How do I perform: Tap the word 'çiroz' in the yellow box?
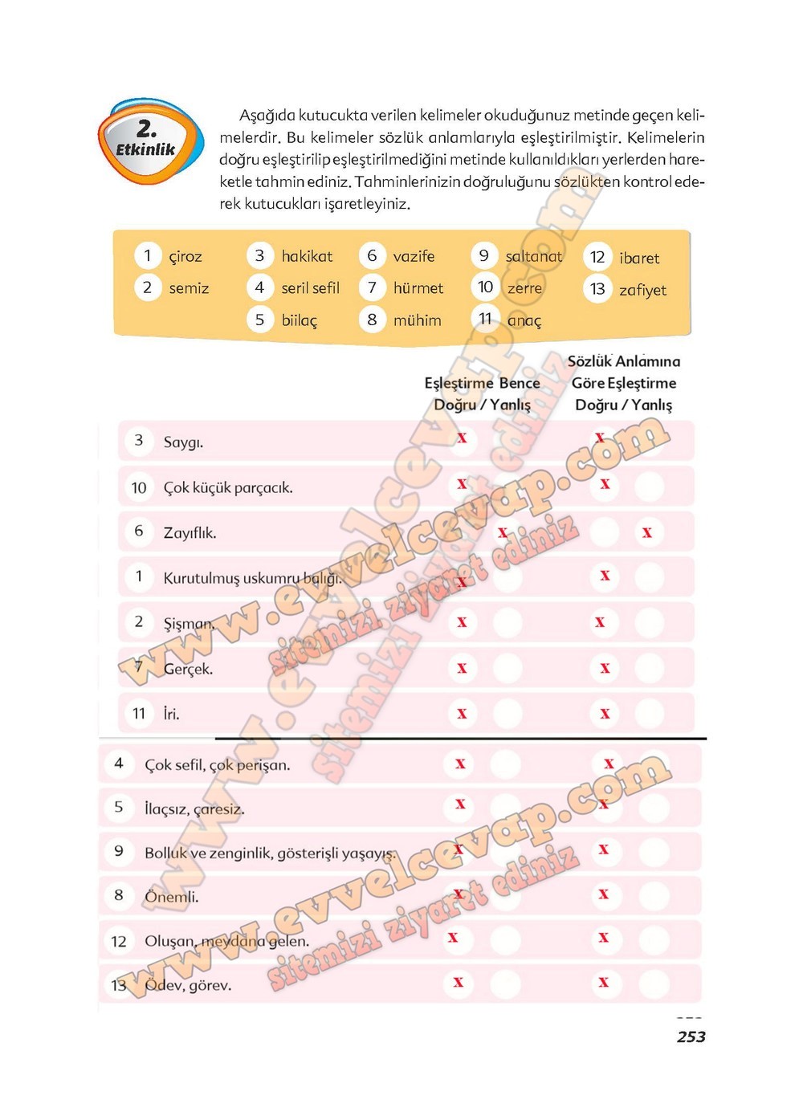185,257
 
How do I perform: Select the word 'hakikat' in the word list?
307,256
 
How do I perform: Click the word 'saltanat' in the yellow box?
534,256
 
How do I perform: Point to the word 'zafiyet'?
642,290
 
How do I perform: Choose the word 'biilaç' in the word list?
300,320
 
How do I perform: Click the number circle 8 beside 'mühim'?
372,320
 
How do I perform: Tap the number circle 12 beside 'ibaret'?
597,257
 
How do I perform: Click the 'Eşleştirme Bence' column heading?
482,384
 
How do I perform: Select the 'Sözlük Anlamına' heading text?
624,362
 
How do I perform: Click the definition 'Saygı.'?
183,442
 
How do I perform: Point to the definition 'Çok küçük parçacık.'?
228,488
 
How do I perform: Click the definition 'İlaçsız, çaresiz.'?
194,809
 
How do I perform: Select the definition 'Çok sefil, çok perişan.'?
218,765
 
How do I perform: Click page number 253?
691,1037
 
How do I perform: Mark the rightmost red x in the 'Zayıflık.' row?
647,533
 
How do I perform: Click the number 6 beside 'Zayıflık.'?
139,532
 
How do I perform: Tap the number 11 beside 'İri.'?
139,713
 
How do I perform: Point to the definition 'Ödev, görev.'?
188,985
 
